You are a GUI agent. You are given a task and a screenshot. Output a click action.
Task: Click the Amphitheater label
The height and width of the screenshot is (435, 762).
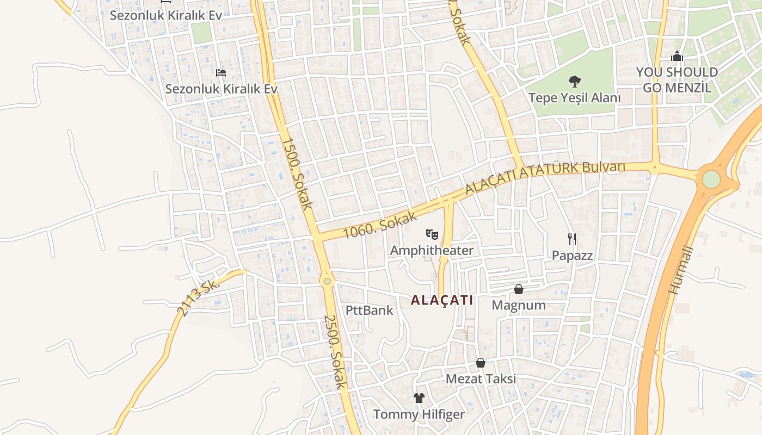tap(432, 250)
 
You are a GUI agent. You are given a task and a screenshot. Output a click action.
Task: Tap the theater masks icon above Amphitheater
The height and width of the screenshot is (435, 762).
tap(432, 234)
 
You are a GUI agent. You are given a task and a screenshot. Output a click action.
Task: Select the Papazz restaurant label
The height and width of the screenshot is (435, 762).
tap(572, 255)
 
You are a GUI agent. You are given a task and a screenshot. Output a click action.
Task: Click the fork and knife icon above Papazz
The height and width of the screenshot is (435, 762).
tap(572, 239)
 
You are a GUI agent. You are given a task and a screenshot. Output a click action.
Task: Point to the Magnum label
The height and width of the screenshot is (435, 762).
tap(519, 305)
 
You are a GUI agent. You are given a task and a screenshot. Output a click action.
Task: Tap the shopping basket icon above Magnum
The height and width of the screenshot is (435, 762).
tap(519, 289)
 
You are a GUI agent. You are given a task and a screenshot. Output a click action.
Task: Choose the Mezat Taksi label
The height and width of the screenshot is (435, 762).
tap(481, 378)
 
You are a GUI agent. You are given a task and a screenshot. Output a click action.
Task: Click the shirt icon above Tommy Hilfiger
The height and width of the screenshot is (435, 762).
tap(419, 398)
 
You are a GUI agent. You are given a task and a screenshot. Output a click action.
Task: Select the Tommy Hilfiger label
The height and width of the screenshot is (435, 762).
tap(419, 414)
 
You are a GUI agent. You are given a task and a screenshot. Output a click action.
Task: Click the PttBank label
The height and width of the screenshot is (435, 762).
tap(369, 310)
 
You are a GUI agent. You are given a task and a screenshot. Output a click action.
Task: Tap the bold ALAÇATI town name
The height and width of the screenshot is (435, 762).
tap(442, 300)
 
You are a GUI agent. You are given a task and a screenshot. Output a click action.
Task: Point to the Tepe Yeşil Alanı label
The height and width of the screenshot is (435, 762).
tap(574, 98)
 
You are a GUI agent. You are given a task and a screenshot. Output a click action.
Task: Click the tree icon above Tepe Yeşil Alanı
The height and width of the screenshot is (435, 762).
tap(574, 82)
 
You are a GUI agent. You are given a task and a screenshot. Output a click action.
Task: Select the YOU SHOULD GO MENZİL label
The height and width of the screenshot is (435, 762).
tap(677, 79)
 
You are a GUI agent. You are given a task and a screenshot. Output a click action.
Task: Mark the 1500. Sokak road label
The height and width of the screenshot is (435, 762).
tap(297, 173)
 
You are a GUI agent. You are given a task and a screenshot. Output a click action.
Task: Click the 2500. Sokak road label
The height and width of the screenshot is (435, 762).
tap(335, 352)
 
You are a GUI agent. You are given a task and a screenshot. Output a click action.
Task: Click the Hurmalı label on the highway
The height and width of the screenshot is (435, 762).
tap(681, 270)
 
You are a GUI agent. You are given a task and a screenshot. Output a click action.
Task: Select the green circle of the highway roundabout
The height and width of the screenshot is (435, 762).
tap(711, 179)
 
